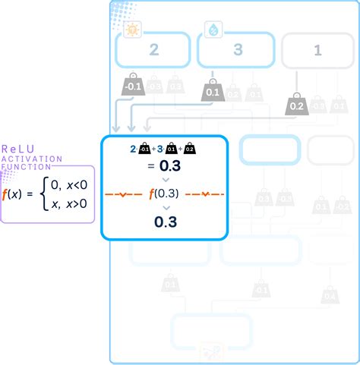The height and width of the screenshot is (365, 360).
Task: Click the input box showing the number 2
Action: (153, 52)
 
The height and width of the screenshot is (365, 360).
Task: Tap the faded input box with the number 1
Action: (317, 52)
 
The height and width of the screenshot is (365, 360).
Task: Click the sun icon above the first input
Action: (132, 30)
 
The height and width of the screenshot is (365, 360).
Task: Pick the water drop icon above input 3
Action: (213, 30)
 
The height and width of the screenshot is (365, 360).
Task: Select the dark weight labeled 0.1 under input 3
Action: (212, 92)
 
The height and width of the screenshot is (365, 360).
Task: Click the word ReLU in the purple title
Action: (17, 149)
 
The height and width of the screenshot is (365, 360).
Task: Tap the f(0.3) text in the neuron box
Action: (165, 193)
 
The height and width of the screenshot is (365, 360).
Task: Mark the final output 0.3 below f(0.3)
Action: (165, 222)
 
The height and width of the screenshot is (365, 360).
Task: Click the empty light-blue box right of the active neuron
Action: (261, 149)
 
